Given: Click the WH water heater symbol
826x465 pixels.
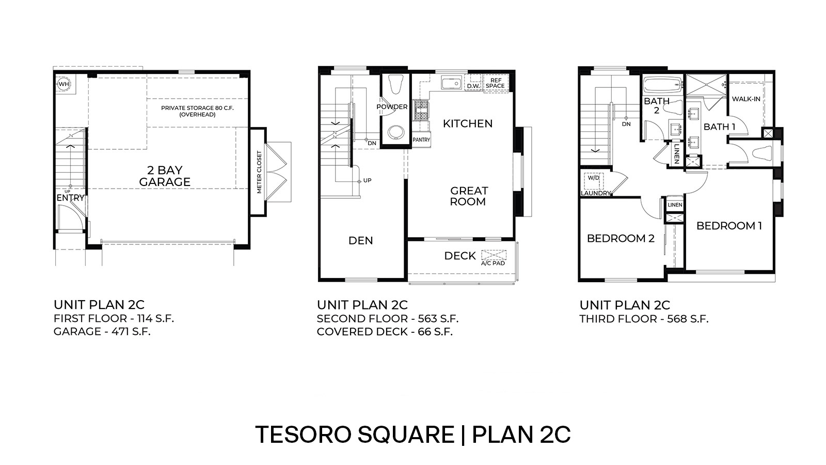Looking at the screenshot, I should click(x=63, y=84).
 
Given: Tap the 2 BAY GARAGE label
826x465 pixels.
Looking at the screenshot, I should click(x=165, y=176).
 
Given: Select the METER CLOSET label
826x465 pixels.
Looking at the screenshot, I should click(x=259, y=173).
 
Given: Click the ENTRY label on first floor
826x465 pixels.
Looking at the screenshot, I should click(x=70, y=198).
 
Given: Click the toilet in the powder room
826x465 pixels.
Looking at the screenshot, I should click(x=396, y=85).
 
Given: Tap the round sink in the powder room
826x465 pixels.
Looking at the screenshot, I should click(x=395, y=132).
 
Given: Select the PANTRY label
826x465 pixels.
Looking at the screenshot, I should click(x=421, y=139).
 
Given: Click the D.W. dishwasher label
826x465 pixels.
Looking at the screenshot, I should click(x=473, y=86).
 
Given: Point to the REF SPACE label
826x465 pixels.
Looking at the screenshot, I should click(x=496, y=83).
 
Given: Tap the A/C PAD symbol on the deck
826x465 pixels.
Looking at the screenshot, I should click(x=494, y=255).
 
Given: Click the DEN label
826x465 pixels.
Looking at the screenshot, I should click(x=360, y=240).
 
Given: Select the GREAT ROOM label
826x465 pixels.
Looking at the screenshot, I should click(x=468, y=196).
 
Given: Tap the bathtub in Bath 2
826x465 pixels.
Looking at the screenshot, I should click(x=662, y=84).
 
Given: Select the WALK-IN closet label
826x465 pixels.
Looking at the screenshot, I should click(x=745, y=99).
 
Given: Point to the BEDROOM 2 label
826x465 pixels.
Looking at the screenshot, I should click(x=621, y=238).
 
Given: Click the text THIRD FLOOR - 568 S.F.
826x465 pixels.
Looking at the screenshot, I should click(x=644, y=319).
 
